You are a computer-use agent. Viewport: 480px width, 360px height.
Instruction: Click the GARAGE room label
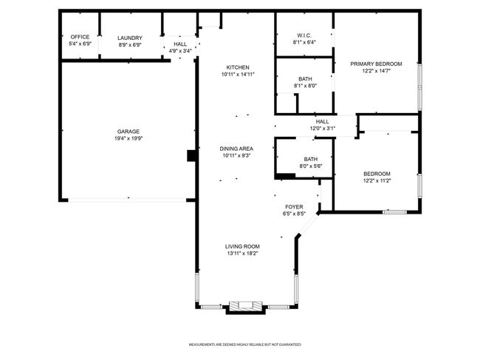(128, 132)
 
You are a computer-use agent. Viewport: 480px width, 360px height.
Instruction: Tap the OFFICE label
(80, 37)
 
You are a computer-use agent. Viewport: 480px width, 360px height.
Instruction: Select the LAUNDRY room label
(130, 38)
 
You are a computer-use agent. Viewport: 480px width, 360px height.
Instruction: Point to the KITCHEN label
(238, 67)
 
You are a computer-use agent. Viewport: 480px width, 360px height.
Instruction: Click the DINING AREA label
(236, 149)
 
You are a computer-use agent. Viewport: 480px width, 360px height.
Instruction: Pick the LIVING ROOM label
(242, 246)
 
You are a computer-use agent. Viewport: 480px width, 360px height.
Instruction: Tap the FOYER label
(294, 207)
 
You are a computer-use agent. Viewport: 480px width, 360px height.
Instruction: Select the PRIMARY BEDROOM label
(376, 64)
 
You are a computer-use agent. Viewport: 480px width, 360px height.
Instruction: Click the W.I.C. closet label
(304, 35)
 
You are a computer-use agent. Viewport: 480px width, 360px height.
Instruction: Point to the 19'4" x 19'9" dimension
(128, 138)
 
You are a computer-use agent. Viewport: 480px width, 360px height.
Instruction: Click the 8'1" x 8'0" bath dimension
(306, 86)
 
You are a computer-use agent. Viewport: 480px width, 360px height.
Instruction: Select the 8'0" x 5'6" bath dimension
(311, 166)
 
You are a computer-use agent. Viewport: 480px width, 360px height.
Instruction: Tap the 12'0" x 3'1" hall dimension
(323, 129)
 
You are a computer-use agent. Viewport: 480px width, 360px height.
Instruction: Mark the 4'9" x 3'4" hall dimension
(180, 51)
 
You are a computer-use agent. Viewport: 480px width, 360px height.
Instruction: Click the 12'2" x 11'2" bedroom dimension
(377, 181)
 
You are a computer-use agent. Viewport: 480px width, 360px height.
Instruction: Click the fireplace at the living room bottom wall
(246, 308)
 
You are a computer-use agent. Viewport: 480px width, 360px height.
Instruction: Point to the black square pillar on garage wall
(191, 156)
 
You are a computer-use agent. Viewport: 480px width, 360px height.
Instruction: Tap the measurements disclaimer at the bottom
(245, 344)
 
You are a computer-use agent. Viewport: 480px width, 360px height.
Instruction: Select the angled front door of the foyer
(308, 225)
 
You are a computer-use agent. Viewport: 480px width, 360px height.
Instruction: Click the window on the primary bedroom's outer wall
(420, 87)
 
